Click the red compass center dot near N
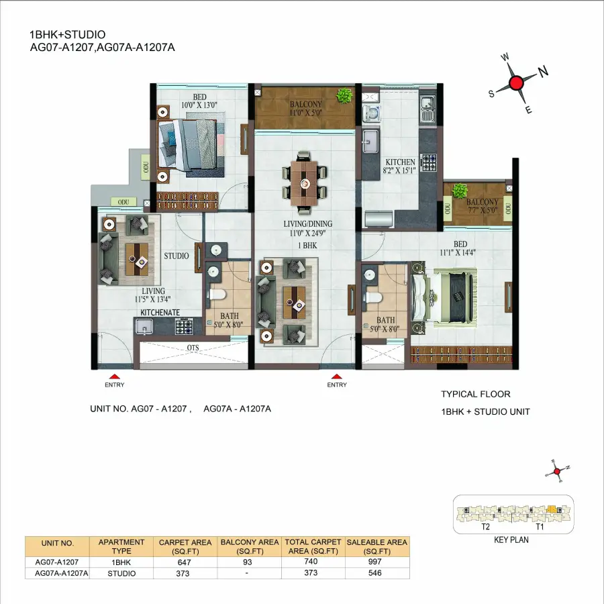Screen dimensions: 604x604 coord(516,83)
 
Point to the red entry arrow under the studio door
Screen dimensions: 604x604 coord(115,376)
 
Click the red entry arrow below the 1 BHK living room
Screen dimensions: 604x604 coord(337,376)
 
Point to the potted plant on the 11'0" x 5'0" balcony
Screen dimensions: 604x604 coord(345,96)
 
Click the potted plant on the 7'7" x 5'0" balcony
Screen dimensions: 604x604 coord(459,191)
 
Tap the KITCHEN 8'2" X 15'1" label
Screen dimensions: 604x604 coord(400,166)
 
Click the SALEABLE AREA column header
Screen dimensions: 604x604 coord(376,546)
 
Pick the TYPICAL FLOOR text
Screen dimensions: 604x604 coord(475,395)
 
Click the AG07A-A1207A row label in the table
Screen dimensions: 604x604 coord(56,573)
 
